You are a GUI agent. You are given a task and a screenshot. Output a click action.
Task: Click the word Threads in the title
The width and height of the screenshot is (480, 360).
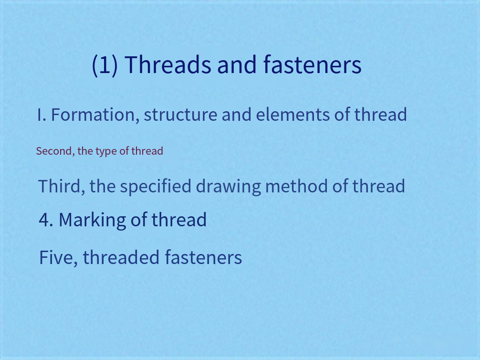[x=168, y=64]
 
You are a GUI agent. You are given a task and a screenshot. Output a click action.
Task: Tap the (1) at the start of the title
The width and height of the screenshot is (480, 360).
[x=104, y=65]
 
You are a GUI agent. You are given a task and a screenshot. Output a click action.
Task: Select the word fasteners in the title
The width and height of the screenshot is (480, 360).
[x=312, y=64]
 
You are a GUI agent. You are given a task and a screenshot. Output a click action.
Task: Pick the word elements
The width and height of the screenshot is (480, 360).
[x=292, y=115]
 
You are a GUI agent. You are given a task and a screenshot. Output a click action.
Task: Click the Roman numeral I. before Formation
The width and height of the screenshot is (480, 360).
[x=42, y=115]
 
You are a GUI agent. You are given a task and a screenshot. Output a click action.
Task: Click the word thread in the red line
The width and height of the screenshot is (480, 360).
[x=147, y=151]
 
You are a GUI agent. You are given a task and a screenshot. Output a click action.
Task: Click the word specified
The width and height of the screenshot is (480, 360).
[x=156, y=187]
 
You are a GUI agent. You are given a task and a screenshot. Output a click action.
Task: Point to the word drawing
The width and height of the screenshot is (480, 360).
[x=229, y=187]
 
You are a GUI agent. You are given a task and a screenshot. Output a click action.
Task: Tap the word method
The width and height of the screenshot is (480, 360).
[x=297, y=186]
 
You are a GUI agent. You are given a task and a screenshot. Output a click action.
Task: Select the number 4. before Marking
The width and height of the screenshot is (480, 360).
[x=46, y=220]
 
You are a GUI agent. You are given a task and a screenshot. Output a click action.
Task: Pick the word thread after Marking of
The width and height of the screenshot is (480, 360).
[x=179, y=219]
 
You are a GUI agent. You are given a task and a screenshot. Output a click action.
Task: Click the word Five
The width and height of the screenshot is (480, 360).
[x=58, y=258]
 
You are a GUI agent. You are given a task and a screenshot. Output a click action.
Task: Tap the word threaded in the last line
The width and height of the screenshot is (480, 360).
[x=121, y=257]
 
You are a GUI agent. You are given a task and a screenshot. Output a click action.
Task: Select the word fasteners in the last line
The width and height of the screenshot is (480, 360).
[x=204, y=257]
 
